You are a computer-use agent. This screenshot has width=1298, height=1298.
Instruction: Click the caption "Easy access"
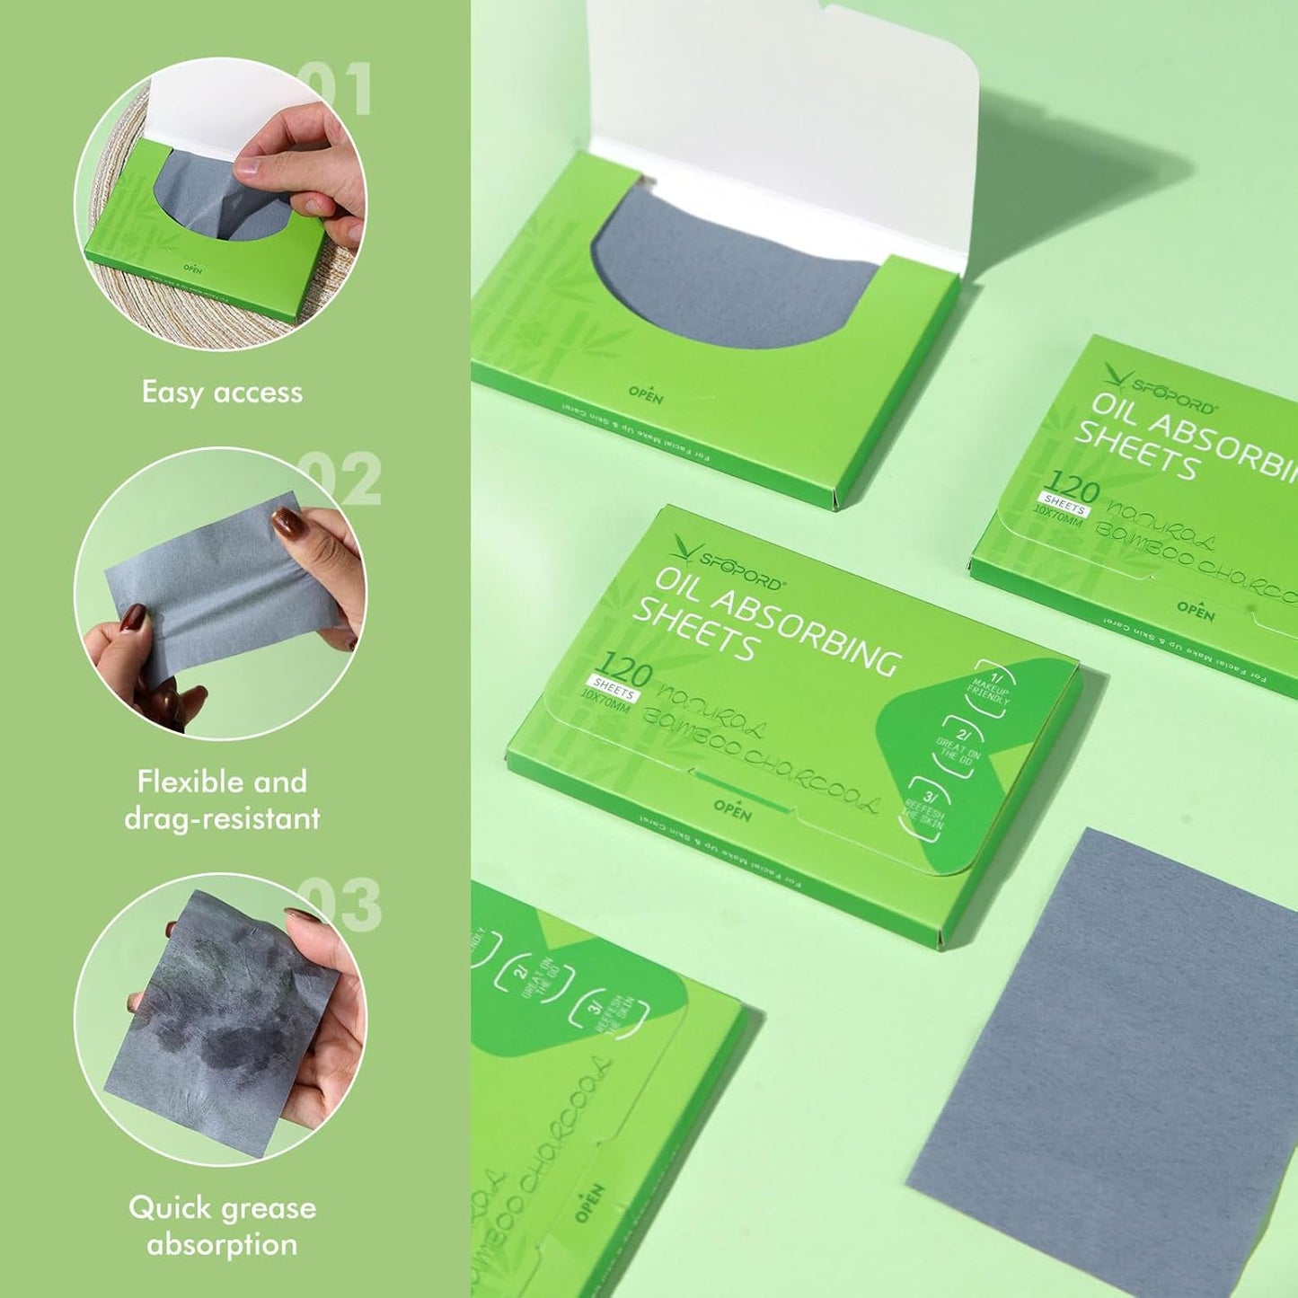(222, 393)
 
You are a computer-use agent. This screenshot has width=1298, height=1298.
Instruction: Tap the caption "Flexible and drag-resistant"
(222, 799)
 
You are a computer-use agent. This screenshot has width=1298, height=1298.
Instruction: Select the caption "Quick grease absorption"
(222, 1225)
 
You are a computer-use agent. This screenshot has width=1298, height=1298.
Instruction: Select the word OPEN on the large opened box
(645, 393)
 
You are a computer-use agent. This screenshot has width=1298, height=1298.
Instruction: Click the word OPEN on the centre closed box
(732, 809)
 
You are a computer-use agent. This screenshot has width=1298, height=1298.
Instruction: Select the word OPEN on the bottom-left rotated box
(589, 1202)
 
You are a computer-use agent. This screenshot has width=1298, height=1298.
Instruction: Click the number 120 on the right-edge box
(1071, 488)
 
